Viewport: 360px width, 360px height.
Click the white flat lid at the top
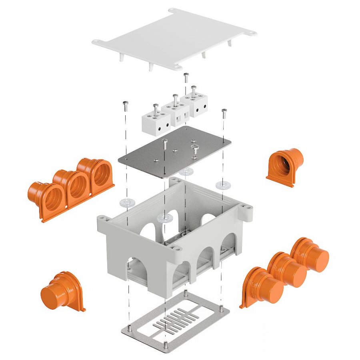point(172,38)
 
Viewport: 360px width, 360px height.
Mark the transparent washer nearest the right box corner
point(221,185)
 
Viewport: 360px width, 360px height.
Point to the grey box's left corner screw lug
point(104,219)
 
